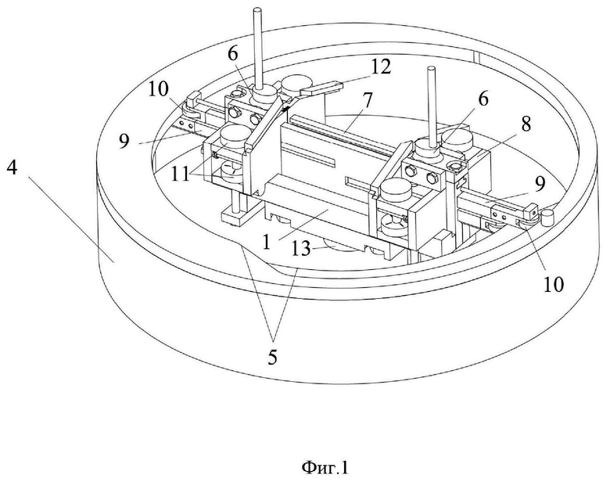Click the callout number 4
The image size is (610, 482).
(12, 167)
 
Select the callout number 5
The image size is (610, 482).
(272, 357)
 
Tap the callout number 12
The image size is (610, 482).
(380, 67)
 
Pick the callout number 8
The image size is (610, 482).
(526, 124)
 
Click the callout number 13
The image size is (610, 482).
(301, 248)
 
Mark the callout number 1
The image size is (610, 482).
(267, 242)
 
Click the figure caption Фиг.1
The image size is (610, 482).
(325, 467)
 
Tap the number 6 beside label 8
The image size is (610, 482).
(483, 99)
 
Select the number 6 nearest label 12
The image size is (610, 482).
(232, 53)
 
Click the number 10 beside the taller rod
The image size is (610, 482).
(158, 89)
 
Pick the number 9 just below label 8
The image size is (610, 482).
(539, 184)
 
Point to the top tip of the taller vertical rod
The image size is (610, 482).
(257, 9)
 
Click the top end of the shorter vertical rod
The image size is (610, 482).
(431, 70)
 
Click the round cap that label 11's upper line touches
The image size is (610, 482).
(233, 134)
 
